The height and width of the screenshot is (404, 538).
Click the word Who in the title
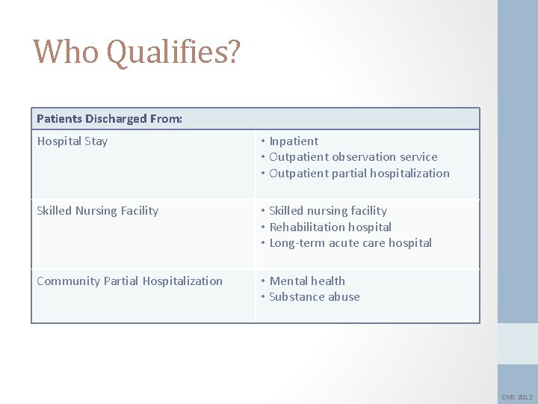pos(66,52)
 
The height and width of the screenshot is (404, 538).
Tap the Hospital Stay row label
pos(72,141)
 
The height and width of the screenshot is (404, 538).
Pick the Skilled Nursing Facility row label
pos(97,211)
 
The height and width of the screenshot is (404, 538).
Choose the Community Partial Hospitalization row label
pos(129,281)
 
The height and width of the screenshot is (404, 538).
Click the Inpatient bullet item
pos(293,141)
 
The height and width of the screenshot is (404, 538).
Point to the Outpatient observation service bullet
pos(353,157)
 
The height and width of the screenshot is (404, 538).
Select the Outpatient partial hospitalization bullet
pos(359,174)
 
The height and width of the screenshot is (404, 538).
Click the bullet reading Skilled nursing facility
pos(327,211)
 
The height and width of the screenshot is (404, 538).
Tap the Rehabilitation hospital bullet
pos(330,227)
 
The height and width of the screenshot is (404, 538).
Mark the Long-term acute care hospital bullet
pos(350,243)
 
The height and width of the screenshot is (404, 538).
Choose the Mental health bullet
pos(306,281)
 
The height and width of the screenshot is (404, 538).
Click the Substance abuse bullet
pos(314,297)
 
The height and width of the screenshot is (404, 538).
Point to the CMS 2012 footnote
pos(516,397)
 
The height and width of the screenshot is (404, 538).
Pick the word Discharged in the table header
pos(117,119)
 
